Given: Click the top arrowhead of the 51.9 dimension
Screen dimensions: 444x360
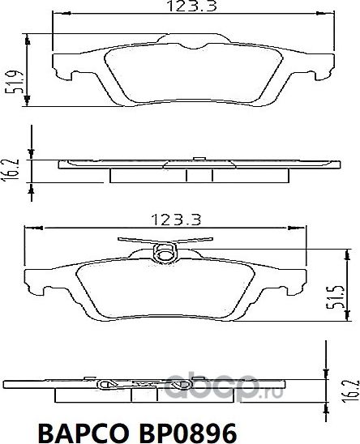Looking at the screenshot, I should [x=30, y=38].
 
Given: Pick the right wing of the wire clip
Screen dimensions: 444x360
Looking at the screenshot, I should [x=199, y=241].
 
